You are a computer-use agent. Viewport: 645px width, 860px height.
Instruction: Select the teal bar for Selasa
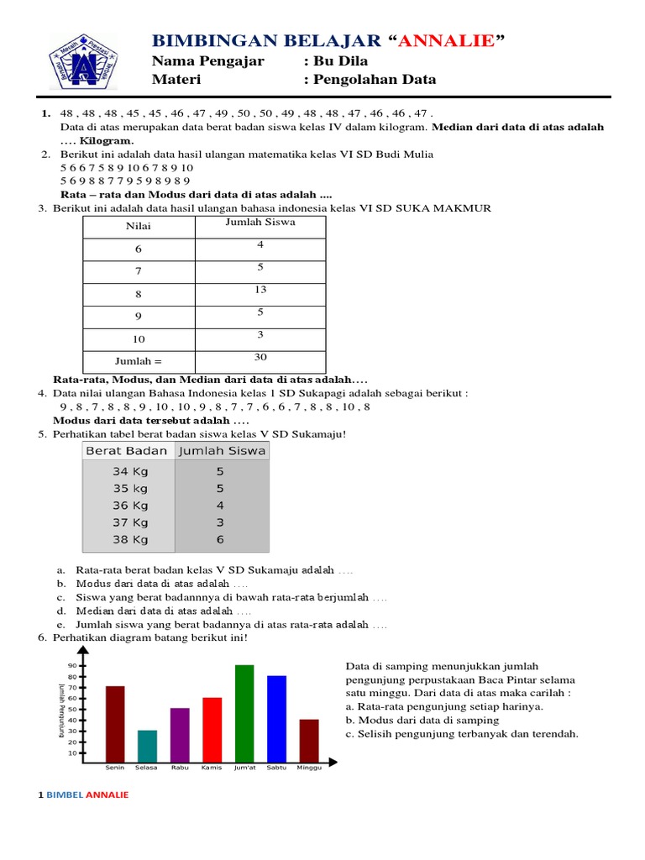point(147,745)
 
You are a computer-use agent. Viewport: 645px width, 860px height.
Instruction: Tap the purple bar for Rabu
point(180,734)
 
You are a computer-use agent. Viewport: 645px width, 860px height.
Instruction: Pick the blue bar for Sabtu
point(276,717)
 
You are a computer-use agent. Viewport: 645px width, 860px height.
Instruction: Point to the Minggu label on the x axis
point(309,768)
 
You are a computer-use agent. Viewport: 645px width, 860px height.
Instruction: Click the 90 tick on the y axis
point(72,666)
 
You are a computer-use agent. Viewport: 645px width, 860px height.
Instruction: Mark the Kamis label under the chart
point(212,768)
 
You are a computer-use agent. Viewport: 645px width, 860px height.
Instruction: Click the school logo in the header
point(82,60)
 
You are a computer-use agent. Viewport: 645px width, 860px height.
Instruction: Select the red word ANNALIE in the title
point(446,41)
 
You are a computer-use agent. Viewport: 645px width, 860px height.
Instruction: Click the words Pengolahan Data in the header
point(374,80)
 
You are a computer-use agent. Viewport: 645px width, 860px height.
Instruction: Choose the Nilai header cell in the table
point(139,227)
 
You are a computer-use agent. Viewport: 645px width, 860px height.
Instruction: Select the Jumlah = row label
point(139,361)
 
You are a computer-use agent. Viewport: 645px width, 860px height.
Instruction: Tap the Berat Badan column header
point(127,450)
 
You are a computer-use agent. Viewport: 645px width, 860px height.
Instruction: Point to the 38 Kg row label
point(130,540)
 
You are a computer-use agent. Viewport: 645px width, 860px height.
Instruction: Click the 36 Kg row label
point(130,506)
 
